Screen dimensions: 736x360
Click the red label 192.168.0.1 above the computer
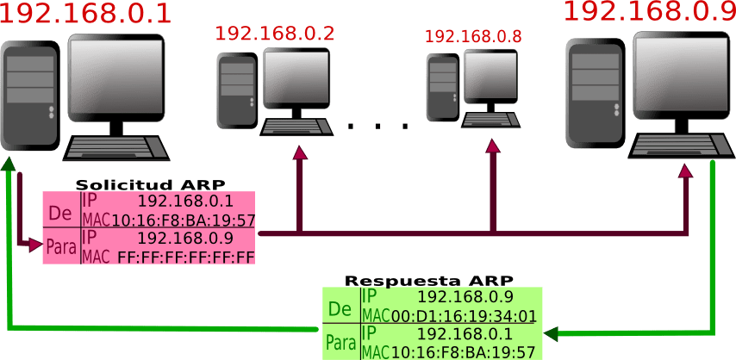(86, 15)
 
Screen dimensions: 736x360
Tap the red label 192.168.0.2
(274, 34)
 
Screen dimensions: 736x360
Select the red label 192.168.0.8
(473, 37)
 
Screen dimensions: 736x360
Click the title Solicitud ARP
(150, 184)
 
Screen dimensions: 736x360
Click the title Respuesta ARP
(429, 281)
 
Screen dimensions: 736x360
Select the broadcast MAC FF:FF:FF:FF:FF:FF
(186, 257)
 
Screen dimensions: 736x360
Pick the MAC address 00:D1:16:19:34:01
(464, 316)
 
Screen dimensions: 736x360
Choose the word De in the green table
(340, 308)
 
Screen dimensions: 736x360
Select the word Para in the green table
(341, 344)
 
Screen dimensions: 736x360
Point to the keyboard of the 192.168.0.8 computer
(490, 120)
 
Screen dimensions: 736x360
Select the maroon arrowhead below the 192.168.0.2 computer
(300, 152)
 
